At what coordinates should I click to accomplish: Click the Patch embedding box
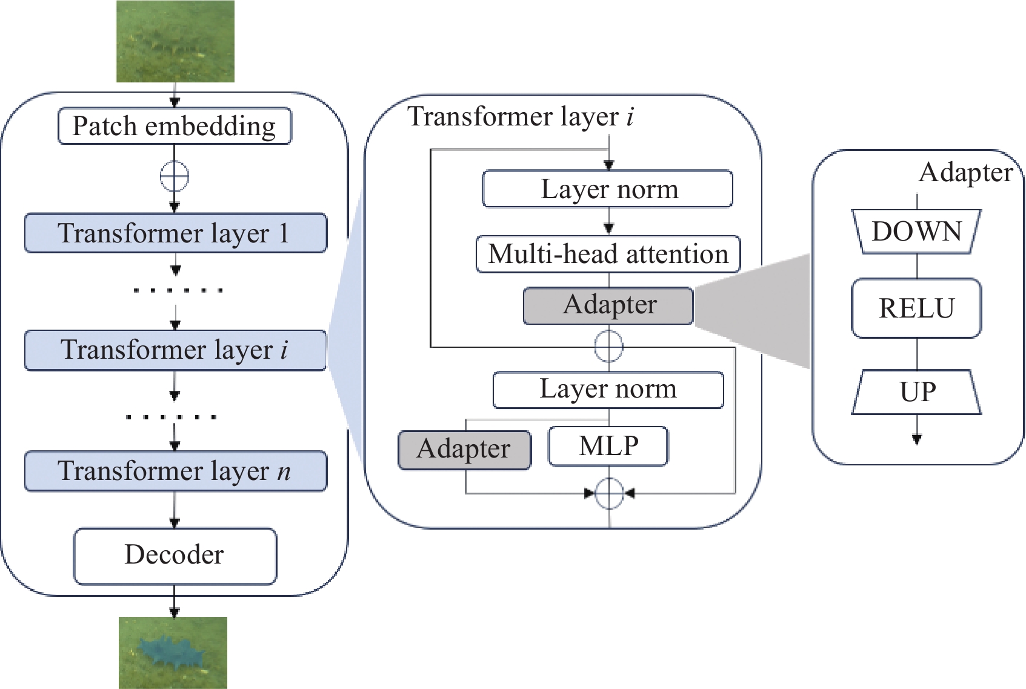tap(175, 126)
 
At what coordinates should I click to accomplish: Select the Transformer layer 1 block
tap(176, 233)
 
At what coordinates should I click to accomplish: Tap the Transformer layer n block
tap(176, 471)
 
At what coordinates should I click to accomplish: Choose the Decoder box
tap(175, 556)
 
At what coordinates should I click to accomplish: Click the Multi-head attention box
tap(608, 255)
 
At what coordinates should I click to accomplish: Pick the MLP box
tap(608, 446)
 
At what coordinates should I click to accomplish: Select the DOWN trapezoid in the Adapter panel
tap(916, 231)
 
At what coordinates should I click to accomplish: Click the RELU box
tap(916, 308)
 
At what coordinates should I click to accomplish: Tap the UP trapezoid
tap(916, 392)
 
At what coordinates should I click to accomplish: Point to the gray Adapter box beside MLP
tap(465, 450)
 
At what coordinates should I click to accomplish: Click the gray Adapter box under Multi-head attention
tap(608, 305)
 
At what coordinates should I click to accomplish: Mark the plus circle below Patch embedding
tap(175, 176)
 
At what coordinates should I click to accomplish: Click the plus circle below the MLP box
tap(609, 494)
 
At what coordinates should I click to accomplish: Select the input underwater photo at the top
tap(175, 41)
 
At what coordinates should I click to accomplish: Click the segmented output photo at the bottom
tap(173, 653)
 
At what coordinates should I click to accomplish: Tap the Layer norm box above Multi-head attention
tap(608, 188)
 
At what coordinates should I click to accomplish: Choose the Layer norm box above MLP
tap(608, 390)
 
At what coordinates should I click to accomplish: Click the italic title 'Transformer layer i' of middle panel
tap(521, 116)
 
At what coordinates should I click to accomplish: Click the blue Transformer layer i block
tap(176, 350)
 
